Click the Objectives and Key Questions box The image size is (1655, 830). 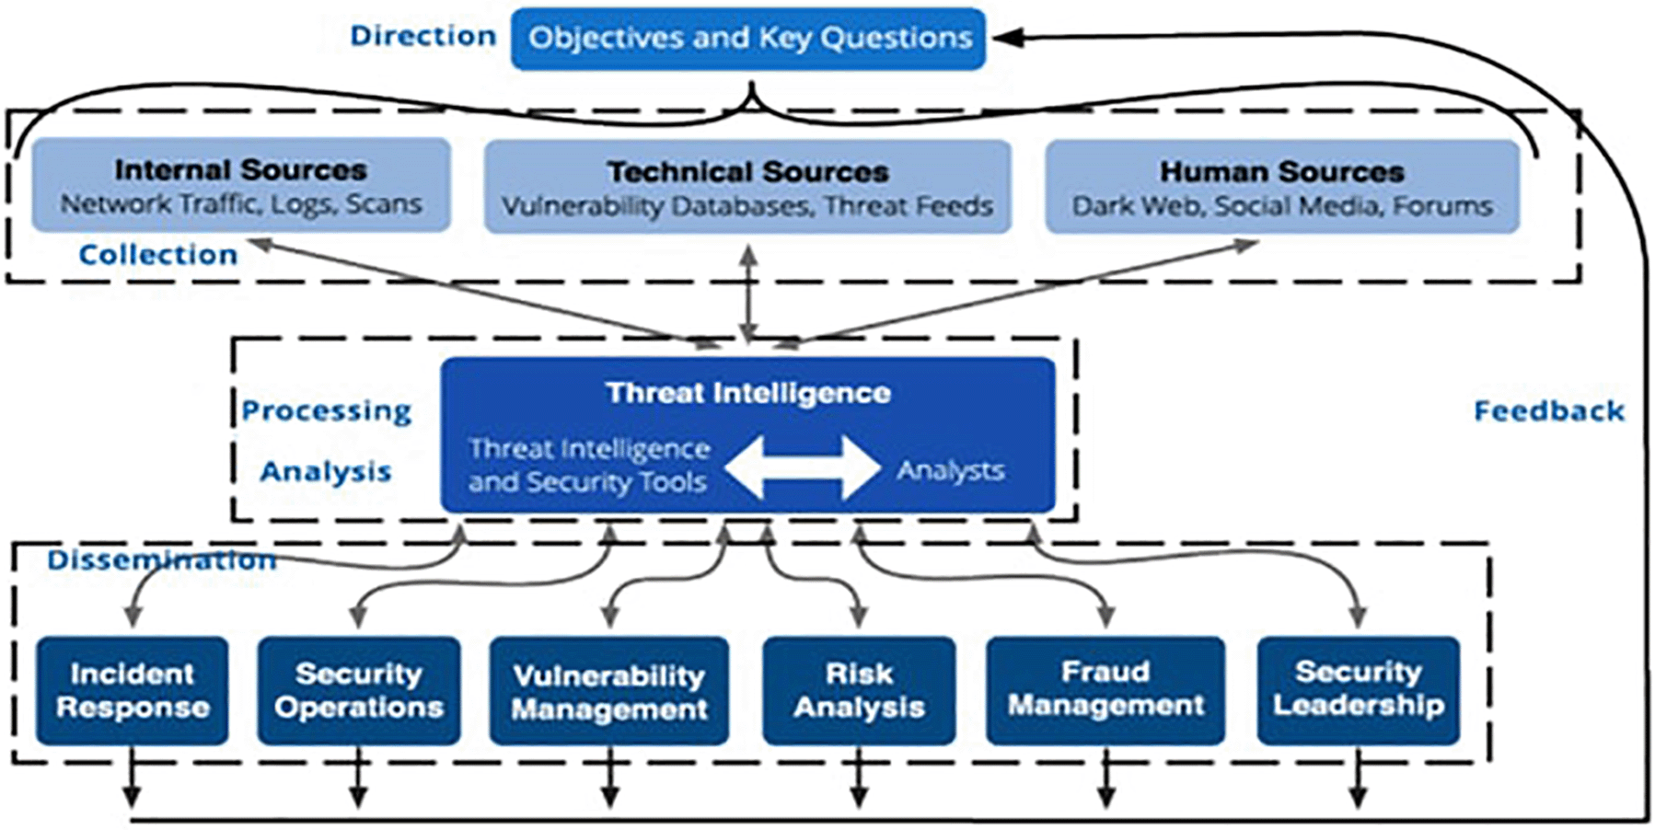[x=748, y=39]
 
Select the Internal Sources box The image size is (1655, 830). [x=241, y=185]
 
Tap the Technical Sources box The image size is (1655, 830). [x=747, y=187]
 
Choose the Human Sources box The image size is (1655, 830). [x=1282, y=187]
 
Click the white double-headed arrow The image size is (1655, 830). [x=802, y=467]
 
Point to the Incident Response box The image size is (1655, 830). [x=133, y=690]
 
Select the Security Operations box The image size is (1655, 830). [x=359, y=690]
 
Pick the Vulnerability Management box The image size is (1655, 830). [x=609, y=691]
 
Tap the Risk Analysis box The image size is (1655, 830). [x=859, y=690]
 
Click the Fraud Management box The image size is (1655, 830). [x=1105, y=690]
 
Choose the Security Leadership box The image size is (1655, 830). [x=1359, y=690]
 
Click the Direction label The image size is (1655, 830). [x=423, y=36]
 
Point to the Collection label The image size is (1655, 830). [x=158, y=254]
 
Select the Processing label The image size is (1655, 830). [x=327, y=410]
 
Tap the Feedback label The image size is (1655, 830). [x=1549, y=410]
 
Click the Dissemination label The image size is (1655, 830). [x=162, y=559]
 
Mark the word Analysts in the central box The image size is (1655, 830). [x=951, y=470]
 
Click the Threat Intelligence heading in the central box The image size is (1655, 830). [x=748, y=393]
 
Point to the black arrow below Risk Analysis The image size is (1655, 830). [x=859, y=778]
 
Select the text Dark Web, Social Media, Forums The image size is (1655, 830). [x=1282, y=205]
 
